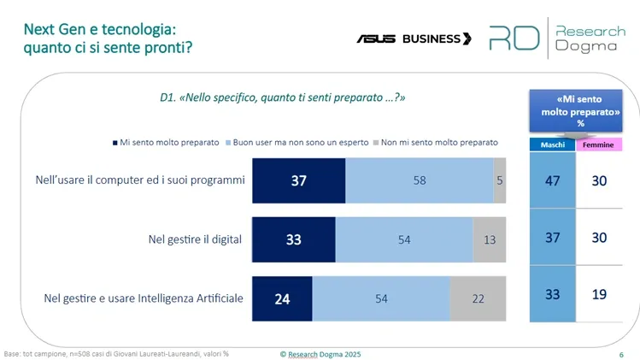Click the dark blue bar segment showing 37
(x=298, y=180)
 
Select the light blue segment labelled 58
(x=419, y=180)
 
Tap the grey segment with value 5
(x=500, y=180)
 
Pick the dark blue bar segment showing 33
(x=293, y=239)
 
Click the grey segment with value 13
(x=490, y=239)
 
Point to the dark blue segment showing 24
(x=282, y=298)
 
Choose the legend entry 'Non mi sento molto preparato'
(x=435, y=142)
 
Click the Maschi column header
(x=552, y=145)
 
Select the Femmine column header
(x=599, y=145)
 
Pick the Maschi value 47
(x=552, y=180)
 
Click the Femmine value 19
(x=599, y=294)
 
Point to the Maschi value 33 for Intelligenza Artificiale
(x=552, y=294)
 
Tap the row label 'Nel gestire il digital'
(x=195, y=239)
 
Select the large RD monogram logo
(x=514, y=38)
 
